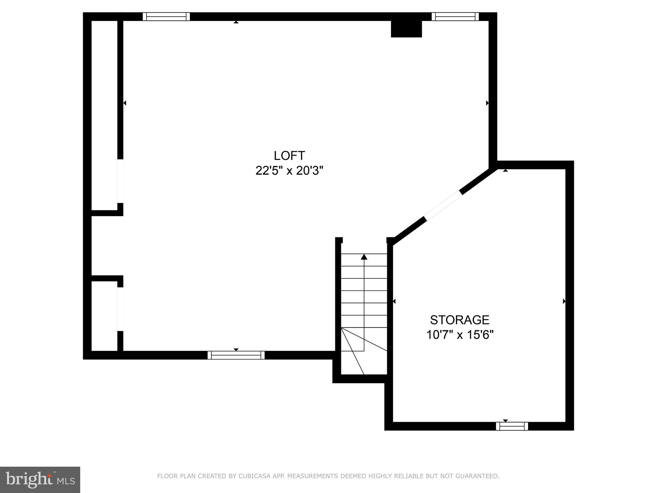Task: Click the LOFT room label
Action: click(289, 156)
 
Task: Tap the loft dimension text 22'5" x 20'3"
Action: click(289, 171)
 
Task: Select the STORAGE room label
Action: click(459, 320)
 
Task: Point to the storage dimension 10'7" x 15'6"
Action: click(459, 335)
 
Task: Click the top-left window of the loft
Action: click(166, 17)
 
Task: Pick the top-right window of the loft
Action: click(455, 17)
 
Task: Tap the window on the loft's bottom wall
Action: click(236, 355)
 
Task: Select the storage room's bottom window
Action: click(512, 426)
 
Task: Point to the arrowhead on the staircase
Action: click(364, 257)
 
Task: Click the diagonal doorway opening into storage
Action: click(443, 205)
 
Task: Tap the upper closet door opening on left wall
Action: click(120, 181)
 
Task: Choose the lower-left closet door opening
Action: click(120, 309)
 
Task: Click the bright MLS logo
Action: click(40, 480)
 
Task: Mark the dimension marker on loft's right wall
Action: click(487, 103)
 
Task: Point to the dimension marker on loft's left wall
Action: click(125, 103)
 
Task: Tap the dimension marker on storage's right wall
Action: click(564, 301)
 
